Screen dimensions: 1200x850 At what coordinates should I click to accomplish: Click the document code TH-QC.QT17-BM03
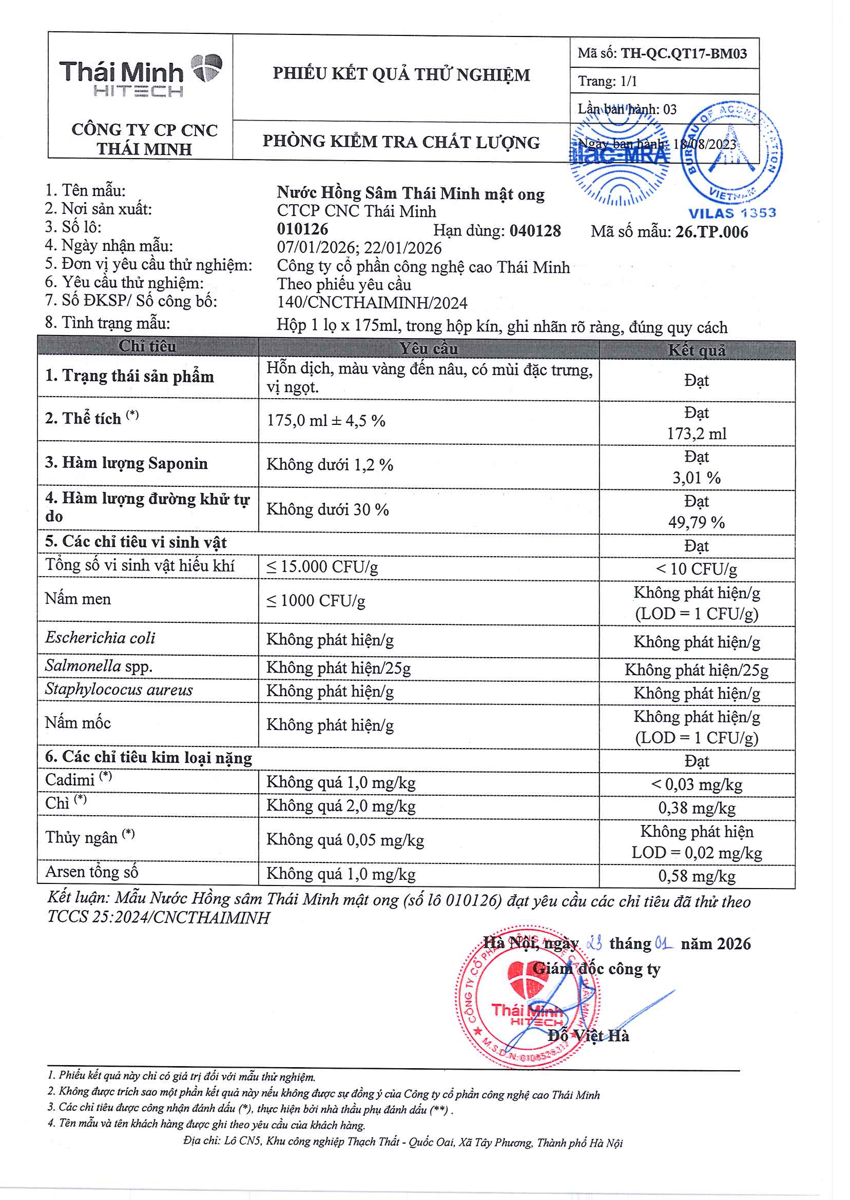coord(683,53)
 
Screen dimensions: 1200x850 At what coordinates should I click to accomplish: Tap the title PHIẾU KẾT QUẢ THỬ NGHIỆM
coord(401,74)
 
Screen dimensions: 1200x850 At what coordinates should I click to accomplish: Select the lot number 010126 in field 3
coord(302,229)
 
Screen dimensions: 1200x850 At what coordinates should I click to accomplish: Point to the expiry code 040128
coord(535,231)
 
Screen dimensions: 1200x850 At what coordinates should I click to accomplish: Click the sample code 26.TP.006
coord(711,232)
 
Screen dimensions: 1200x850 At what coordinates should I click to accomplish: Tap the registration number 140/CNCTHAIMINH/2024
coord(372,303)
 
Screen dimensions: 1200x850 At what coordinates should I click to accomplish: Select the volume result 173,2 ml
coord(696,434)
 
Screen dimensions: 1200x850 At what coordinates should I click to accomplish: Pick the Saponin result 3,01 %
coord(696,478)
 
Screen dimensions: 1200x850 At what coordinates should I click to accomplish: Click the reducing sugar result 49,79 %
coord(696,522)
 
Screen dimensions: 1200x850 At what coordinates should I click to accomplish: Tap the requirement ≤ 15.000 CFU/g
coord(322,567)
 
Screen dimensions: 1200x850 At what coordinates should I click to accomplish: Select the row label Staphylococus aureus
coord(119,690)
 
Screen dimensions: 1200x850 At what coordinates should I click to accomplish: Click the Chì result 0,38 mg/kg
coord(696,808)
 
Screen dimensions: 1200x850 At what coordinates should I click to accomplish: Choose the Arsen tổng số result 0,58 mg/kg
coord(696,876)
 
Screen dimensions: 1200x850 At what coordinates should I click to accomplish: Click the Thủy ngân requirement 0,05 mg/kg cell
coord(345,840)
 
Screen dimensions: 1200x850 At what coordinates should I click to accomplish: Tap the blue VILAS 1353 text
coord(732,213)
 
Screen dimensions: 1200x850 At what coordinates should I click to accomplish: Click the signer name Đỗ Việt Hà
coord(588,1036)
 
